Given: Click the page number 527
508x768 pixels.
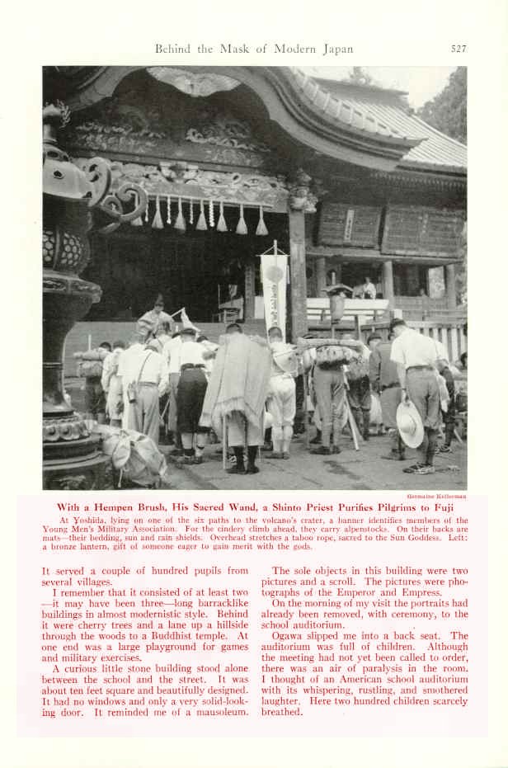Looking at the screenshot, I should click(459, 49).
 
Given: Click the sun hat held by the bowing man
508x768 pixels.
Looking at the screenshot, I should click(409, 424).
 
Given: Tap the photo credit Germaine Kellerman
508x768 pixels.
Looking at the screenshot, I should click(438, 497).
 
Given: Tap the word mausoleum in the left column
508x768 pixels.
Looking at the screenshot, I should click(218, 712).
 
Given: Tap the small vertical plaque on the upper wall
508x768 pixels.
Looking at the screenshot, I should click(349, 224).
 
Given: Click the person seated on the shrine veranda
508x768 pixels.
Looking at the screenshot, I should click(369, 288).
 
